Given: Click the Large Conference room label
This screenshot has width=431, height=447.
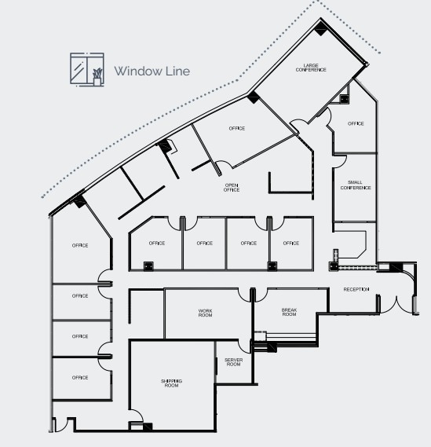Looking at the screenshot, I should tap(311, 68).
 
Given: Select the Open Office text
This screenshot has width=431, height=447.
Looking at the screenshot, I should tap(231, 188).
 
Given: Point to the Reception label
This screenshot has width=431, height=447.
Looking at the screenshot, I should tap(356, 290).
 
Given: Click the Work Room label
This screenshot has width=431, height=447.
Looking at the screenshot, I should tap(206, 313).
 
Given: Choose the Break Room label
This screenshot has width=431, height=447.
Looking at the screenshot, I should tap(289, 313).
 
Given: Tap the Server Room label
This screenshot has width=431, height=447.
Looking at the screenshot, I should tap(233, 362).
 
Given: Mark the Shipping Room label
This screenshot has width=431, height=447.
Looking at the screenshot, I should tap(171, 383).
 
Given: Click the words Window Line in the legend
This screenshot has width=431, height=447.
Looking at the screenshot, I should tap(152, 71).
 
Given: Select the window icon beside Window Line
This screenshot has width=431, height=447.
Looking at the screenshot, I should tap(86, 69).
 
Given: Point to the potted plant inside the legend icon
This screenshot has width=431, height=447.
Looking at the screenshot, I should tap(97, 76).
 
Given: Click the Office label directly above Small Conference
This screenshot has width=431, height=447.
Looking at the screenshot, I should tap(356, 123).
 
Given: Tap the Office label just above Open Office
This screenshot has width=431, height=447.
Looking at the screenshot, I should tap(237, 128).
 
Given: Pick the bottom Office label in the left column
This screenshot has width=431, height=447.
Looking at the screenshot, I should tap(80, 377).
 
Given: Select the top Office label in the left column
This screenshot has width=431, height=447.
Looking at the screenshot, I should tap(80, 245).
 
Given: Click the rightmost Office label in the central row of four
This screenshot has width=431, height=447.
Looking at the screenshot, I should tap(291, 243).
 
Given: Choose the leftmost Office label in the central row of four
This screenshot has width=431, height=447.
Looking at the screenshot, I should tap(157, 243).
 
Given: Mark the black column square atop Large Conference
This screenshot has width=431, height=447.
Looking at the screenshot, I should tap(321, 28).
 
